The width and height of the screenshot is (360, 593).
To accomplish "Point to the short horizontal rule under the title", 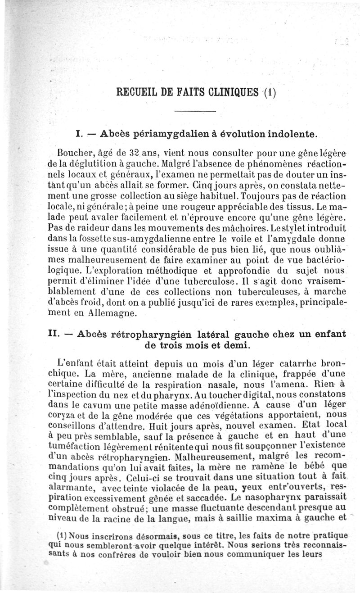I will click(x=195, y=111).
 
